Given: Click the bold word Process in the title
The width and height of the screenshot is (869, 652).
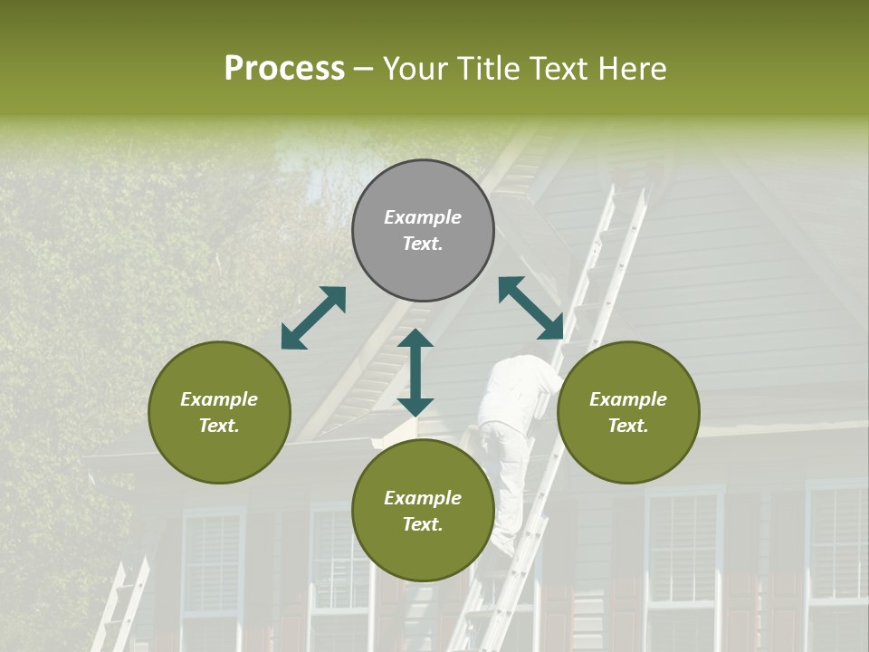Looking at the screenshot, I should (x=284, y=69).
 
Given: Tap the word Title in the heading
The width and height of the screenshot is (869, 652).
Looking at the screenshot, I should (x=490, y=69).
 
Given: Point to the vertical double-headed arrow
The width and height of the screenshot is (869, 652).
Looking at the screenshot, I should (x=415, y=372).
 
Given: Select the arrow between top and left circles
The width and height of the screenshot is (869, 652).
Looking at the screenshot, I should (x=313, y=318).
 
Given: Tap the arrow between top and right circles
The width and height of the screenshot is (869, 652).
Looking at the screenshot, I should (x=531, y=308).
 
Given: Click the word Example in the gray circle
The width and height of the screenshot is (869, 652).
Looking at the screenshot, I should (x=423, y=217).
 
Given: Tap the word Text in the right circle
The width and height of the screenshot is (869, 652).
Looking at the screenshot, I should (x=628, y=426).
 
